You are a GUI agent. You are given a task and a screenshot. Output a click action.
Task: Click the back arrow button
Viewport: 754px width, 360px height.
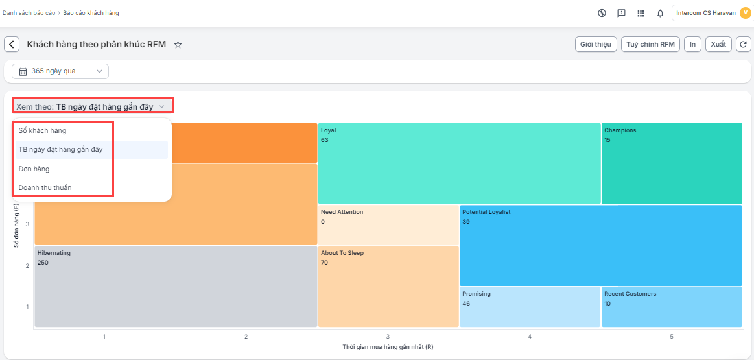pyautogui.click(x=12, y=44)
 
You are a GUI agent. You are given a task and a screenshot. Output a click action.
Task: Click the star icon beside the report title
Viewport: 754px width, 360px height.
pyautogui.click(x=178, y=45)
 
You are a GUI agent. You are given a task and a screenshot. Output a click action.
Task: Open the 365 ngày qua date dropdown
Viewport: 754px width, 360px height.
pyautogui.click(x=60, y=71)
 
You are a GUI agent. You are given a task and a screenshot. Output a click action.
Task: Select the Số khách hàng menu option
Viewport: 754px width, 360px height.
pyautogui.click(x=43, y=131)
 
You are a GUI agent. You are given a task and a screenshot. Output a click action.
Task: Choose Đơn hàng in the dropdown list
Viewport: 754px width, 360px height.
pyautogui.click(x=34, y=169)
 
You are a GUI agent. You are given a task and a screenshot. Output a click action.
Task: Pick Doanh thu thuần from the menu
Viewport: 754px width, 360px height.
pyautogui.click(x=45, y=187)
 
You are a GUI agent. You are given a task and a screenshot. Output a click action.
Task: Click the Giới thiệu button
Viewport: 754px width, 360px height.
pyautogui.click(x=596, y=44)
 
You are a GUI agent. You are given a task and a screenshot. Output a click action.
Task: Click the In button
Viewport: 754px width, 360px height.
pyautogui.click(x=692, y=44)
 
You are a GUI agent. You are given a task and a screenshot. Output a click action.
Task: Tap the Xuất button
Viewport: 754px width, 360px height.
pyautogui.click(x=718, y=44)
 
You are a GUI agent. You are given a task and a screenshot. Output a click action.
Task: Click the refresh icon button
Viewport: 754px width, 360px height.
pyautogui.click(x=744, y=44)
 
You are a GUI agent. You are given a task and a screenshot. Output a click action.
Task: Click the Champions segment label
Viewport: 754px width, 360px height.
pyautogui.click(x=620, y=130)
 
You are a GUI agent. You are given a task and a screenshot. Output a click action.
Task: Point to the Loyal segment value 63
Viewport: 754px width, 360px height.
pyautogui.click(x=325, y=140)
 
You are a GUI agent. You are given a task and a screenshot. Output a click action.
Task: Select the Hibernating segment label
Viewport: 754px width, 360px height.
pyautogui.click(x=54, y=253)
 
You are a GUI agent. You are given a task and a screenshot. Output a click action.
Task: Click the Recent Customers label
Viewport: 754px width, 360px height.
pyautogui.click(x=630, y=294)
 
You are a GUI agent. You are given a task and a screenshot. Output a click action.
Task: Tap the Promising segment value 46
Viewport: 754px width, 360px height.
pyautogui.click(x=466, y=304)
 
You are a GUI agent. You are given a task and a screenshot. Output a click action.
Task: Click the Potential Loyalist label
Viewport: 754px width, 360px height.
pyautogui.click(x=486, y=212)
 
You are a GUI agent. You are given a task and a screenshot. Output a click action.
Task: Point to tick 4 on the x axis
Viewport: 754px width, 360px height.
pyautogui.click(x=530, y=337)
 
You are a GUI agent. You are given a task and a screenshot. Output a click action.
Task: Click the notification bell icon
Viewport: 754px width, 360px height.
pyautogui.click(x=660, y=13)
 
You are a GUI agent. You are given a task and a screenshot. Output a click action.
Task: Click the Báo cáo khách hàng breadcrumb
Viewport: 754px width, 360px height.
pyautogui.click(x=91, y=13)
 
